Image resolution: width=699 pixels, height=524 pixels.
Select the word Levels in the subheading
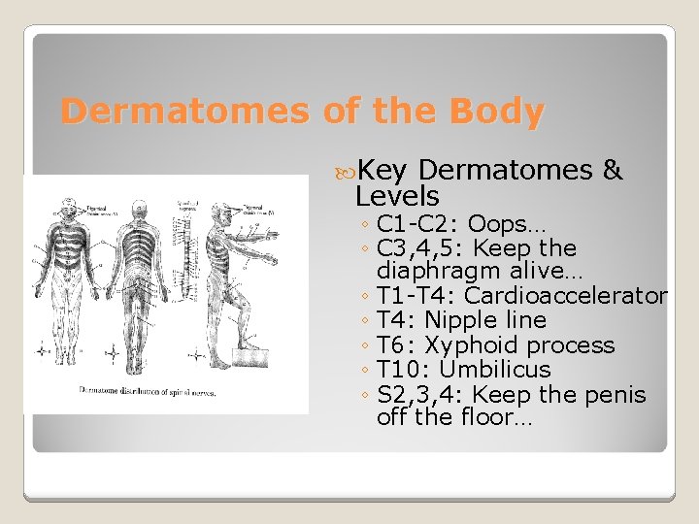[397, 197]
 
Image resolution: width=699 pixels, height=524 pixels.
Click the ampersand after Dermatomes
[612, 171]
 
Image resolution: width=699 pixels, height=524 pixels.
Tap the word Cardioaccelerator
[566, 296]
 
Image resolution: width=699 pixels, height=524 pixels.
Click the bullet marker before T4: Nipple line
[362, 321]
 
